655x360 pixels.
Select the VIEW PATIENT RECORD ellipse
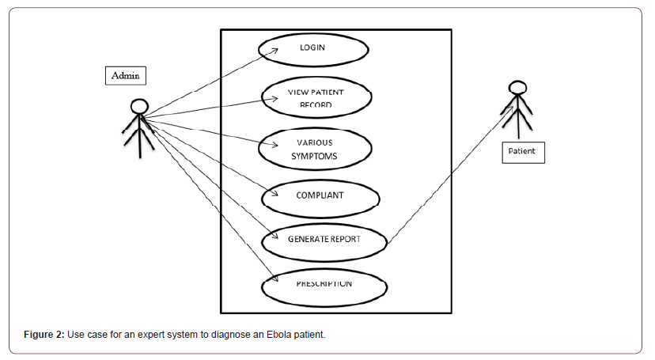tap(316, 98)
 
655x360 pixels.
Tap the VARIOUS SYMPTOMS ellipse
tap(316, 149)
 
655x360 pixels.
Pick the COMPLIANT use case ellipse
tap(316, 195)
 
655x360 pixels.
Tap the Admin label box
tap(126, 75)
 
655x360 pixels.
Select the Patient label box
tap(523, 150)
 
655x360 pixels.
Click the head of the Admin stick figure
tap(139, 106)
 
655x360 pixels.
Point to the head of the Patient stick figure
tap(517, 88)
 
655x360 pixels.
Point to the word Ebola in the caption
tap(273, 335)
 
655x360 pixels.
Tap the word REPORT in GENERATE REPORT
tap(345, 240)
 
